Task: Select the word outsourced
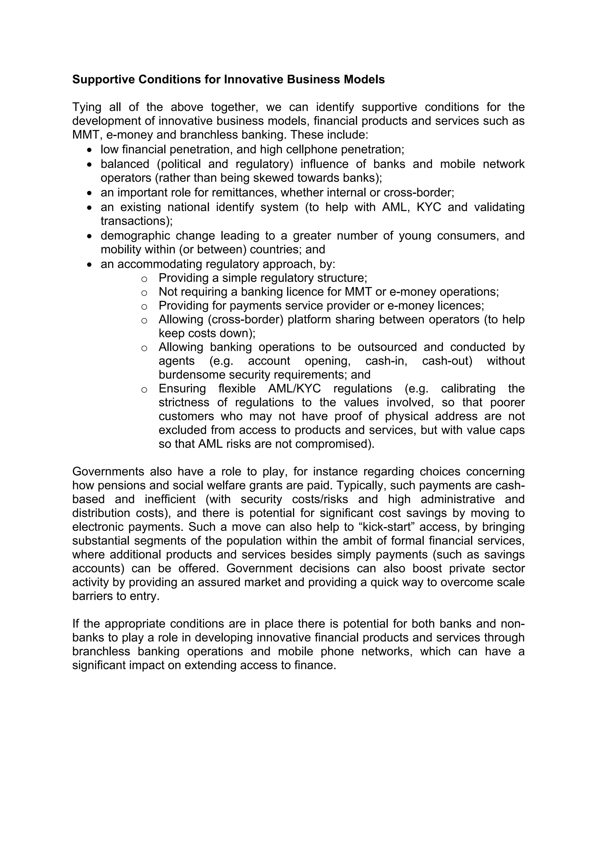point(387,347)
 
